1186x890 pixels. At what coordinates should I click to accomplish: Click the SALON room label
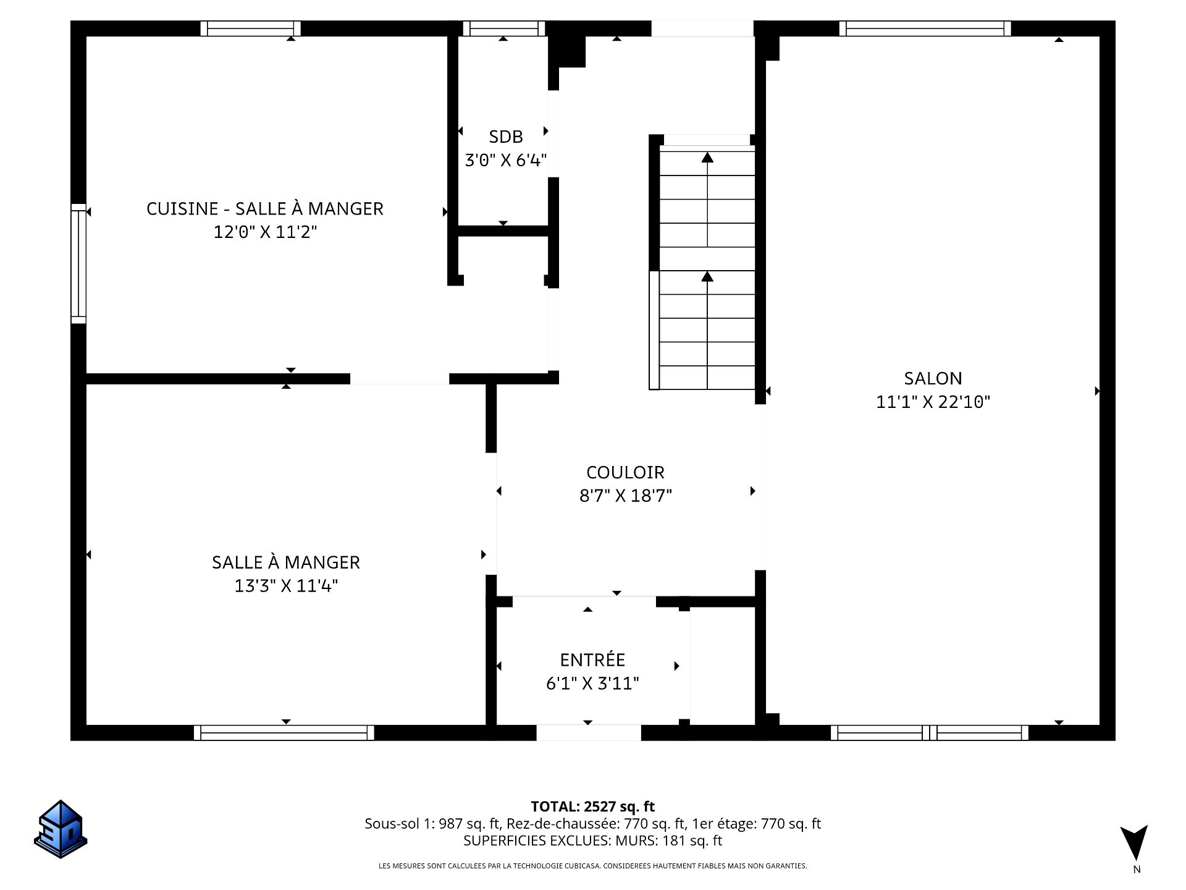click(933, 378)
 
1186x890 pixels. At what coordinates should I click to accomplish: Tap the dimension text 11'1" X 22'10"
click(933, 402)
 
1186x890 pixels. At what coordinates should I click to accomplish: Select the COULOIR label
click(625, 472)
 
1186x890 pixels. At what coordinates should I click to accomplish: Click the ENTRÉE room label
click(592, 660)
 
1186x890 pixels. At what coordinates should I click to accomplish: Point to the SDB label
click(505, 137)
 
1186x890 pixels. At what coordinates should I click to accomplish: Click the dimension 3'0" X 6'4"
click(505, 161)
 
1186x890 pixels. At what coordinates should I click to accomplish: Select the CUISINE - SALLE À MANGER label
click(264, 209)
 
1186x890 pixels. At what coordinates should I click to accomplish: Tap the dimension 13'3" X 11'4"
click(285, 586)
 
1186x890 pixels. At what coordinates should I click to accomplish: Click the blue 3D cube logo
click(61, 829)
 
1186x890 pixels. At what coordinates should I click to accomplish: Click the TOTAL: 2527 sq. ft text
click(592, 807)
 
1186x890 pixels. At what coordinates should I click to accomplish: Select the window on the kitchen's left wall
click(78, 264)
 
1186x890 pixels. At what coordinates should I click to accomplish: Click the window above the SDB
click(504, 28)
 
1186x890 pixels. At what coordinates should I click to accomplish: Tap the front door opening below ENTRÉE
click(588, 732)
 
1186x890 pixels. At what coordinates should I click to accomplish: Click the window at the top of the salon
click(925, 28)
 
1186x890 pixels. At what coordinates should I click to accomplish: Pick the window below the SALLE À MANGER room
click(284, 733)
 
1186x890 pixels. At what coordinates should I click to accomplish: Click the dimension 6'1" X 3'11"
click(592, 684)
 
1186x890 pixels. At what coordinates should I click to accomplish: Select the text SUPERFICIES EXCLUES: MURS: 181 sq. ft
click(592, 841)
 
